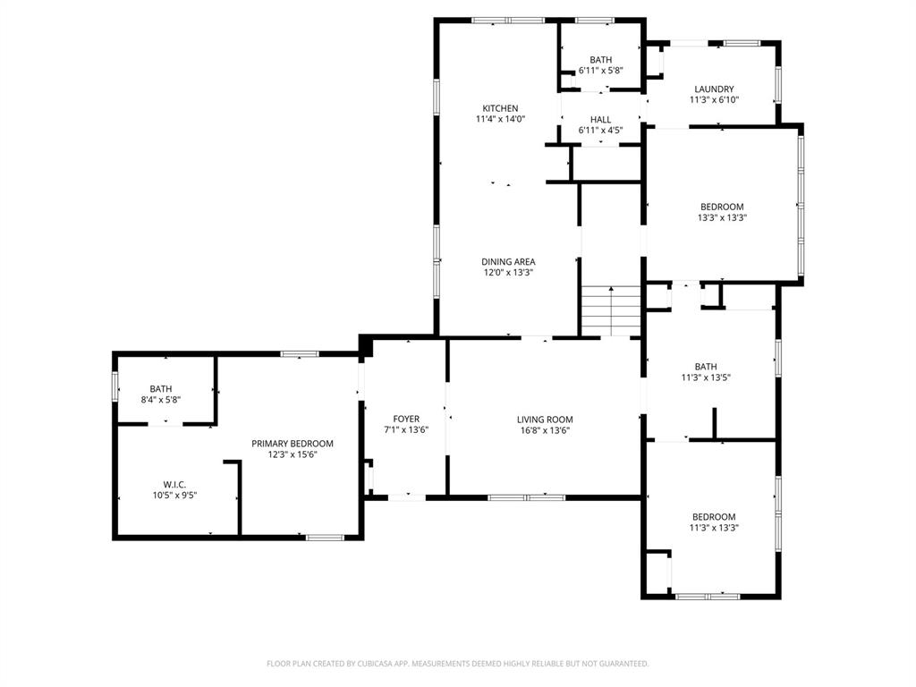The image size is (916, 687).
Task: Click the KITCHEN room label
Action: (x=500, y=108)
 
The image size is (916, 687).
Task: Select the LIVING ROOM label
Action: (x=545, y=420)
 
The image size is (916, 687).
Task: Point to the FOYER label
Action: (x=406, y=419)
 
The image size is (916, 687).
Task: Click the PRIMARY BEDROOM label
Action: (x=292, y=444)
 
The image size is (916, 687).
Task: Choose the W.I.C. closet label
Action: (x=174, y=484)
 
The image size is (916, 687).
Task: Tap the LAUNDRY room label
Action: (x=714, y=89)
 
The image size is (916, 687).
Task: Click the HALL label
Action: (x=600, y=120)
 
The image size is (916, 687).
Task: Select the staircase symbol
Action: (x=611, y=310)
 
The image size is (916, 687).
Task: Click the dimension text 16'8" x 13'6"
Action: (x=545, y=430)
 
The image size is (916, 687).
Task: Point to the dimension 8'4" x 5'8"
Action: (x=161, y=400)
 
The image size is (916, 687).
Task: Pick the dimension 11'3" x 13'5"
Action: (x=706, y=377)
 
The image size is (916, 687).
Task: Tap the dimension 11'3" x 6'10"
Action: (x=714, y=100)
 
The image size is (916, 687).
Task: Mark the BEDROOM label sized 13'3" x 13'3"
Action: (x=722, y=207)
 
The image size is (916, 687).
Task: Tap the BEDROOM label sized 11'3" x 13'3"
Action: (x=714, y=517)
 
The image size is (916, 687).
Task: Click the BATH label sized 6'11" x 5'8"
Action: (x=600, y=60)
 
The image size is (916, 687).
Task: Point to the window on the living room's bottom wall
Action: (x=526, y=496)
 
